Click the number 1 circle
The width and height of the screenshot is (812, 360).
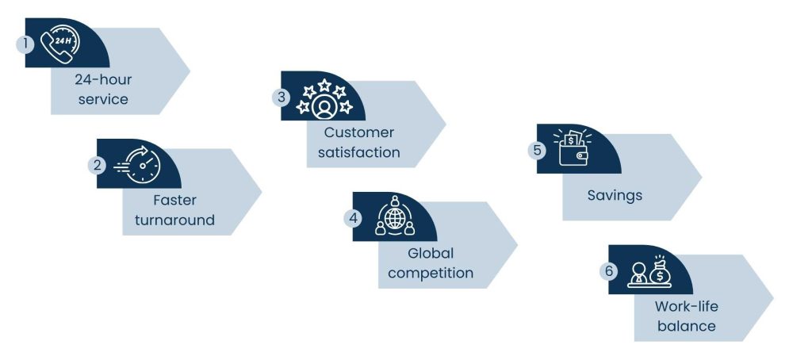coord(25,44)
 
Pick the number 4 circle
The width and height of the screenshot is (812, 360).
coord(354,216)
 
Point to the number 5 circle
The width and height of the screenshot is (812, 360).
coord(538,149)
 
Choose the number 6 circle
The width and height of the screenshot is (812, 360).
coord(609,270)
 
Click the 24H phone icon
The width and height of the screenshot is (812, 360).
coord(59,44)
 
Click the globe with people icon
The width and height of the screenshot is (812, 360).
coord(394,216)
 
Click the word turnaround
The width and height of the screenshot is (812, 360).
coord(174,220)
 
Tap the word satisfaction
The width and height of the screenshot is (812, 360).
coord(358,151)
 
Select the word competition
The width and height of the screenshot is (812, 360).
coord(431,273)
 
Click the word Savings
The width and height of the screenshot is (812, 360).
coord(615,194)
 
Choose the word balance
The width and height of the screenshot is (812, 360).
coord(686,326)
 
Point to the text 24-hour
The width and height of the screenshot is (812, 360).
coord(103,80)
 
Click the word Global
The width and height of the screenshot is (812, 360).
coord(431,253)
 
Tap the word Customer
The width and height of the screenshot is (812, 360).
coord(358,132)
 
